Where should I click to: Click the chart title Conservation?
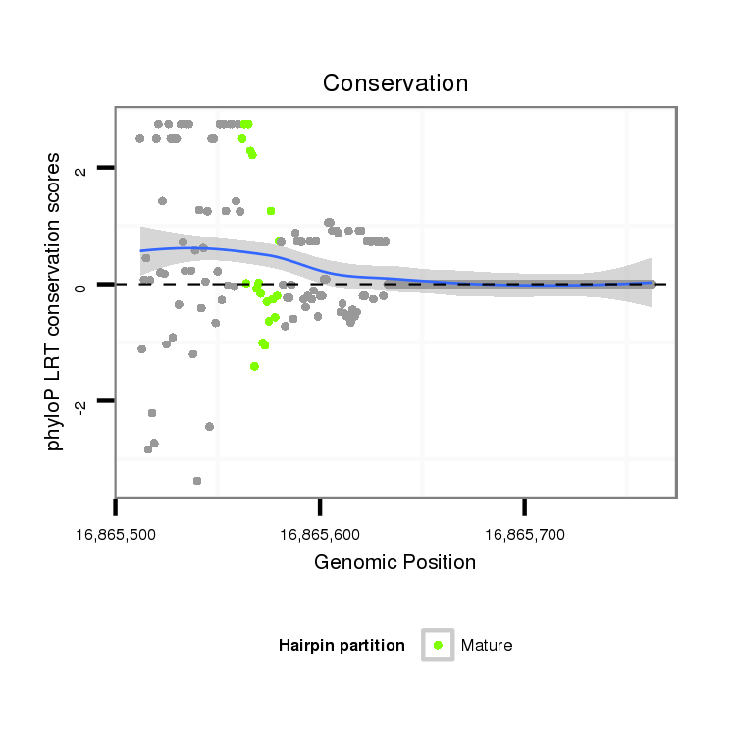click(395, 83)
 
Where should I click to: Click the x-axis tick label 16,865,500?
click(116, 536)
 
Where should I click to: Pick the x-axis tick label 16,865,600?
click(320, 536)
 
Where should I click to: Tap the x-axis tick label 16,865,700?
click(524, 536)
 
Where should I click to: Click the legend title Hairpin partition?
click(342, 645)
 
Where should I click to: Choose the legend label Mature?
click(487, 645)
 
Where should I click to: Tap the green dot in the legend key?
click(438, 645)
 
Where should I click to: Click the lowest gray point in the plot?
click(197, 481)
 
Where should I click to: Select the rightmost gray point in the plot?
click(650, 284)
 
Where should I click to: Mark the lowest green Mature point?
click(254, 366)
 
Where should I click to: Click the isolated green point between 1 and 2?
click(271, 211)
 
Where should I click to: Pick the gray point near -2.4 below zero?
click(209, 426)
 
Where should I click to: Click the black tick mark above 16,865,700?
click(524, 505)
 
